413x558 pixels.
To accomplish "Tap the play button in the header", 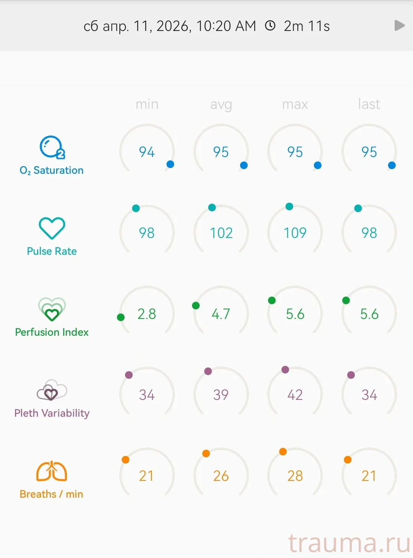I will coord(399,26).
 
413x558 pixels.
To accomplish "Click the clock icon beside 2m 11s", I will coord(270,26).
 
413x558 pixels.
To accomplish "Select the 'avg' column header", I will coord(221,104).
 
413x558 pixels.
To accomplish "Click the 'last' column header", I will coord(369,104).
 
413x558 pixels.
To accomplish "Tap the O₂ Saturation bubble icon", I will coord(52,147).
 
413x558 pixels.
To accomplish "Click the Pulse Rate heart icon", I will coord(52,228).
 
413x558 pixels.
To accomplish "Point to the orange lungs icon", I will coord(52,471).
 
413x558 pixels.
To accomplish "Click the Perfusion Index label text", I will coord(52,332).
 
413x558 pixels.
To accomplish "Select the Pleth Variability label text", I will coord(52,413).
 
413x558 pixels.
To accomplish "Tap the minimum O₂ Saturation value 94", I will coord(147,152).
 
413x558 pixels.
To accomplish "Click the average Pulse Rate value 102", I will coord(221,233).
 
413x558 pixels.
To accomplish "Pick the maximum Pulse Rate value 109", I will coord(295,233).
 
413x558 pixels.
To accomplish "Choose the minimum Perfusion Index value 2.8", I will coord(147,314).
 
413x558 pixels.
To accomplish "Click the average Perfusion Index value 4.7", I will coord(221,314).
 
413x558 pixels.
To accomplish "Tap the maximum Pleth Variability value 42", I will coord(295,395).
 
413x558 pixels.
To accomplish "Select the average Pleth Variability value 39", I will coord(221,395).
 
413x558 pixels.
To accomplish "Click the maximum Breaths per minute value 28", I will coord(295,476).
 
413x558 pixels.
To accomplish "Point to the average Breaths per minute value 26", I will coord(221,476).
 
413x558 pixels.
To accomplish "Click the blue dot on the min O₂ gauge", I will coord(171,164).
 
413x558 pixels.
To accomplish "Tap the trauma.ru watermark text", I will coord(349,543).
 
